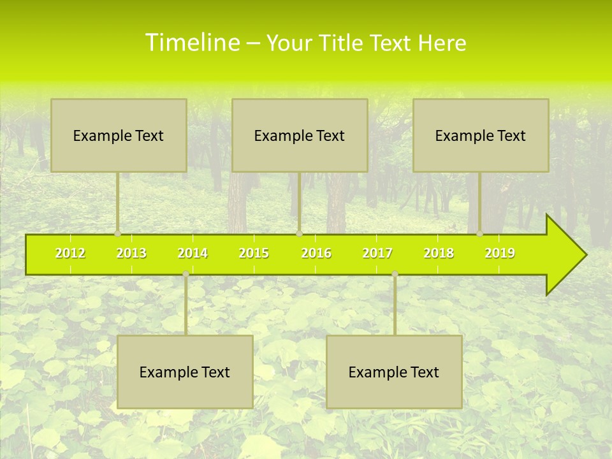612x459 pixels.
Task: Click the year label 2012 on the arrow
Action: click(70, 253)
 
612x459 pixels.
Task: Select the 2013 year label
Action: click(131, 253)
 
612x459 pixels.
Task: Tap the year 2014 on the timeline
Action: click(193, 253)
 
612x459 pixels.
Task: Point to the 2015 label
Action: click(254, 253)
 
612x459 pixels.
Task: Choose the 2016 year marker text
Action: click(316, 253)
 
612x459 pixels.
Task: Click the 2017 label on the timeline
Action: click(377, 253)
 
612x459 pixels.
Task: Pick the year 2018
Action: click(439, 253)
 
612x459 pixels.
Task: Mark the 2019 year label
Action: click(500, 253)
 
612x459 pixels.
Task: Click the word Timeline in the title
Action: click(192, 43)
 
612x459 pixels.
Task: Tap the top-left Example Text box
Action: click(119, 135)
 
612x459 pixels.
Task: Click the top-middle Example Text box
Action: click(300, 135)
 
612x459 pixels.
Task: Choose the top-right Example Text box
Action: click(481, 135)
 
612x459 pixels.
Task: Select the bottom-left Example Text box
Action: click(185, 372)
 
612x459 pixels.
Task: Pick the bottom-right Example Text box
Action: click(394, 372)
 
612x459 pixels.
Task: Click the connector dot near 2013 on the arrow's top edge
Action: click(118, 234)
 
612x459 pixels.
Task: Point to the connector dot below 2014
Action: click(186, 273)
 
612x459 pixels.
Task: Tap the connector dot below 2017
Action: click(395, 273)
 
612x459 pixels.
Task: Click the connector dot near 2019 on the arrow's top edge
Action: click(480, 234)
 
